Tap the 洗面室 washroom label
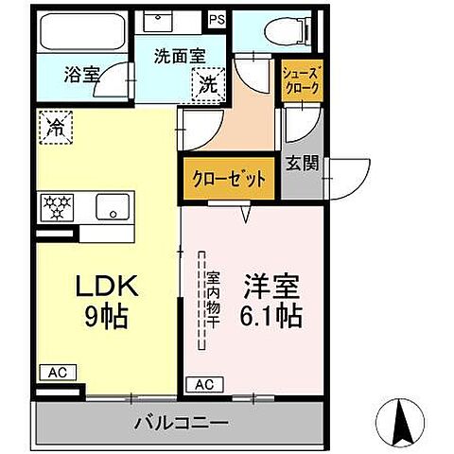click(179, 56)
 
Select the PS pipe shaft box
click(218, 18)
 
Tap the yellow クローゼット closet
click(228, 179)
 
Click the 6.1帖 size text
click(271, 316)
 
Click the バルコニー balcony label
click(180, 421)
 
